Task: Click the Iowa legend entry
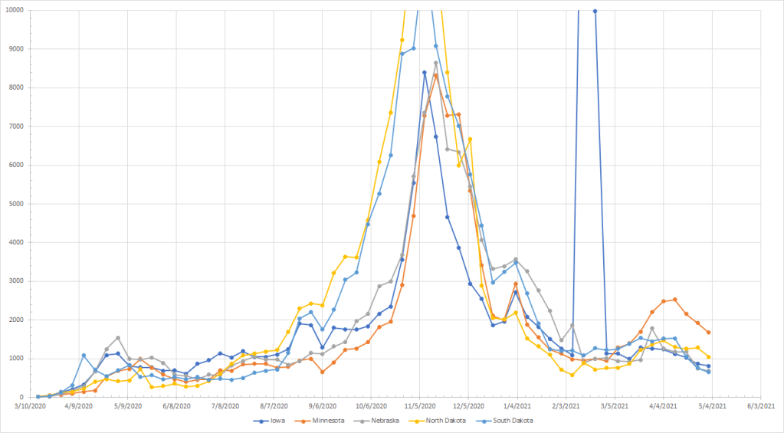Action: coord(271,421)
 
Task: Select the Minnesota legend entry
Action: coord(328,421)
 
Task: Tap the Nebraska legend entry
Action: coord(391,421)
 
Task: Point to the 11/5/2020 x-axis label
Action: coord(421,406)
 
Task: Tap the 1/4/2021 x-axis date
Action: coord(516,406)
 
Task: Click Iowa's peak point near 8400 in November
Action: coord(425,72)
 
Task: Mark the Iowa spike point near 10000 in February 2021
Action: coord(595,11)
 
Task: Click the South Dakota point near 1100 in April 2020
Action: coord(84,356)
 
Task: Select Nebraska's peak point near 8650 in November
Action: coord(436,63)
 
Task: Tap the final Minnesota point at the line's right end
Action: coord(709,332)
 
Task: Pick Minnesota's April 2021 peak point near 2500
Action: coord(674,300)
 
